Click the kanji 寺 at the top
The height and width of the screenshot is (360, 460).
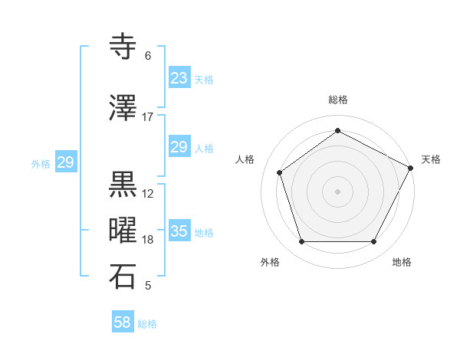tap(123, 47)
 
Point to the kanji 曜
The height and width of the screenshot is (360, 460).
tap(123, 231)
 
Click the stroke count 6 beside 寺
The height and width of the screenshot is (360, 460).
tap(147, 56)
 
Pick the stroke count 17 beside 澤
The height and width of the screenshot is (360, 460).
tap(147, 117)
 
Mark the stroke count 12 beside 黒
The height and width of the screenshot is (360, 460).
tap(148, 194)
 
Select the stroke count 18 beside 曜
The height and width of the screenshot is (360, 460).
tap(148, 240)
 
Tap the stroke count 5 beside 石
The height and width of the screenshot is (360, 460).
tap(147, 286)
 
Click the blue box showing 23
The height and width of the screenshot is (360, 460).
tap(179, 78)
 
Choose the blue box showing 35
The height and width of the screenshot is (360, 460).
tap(179, 231)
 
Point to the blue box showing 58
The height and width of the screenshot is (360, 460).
tap(123, 322)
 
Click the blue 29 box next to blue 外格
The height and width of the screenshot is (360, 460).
tap(66, 162)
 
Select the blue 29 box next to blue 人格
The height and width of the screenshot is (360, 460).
tap(179, 147)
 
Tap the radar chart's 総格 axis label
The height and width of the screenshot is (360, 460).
tap(338, 100)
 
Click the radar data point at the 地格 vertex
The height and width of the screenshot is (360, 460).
tap(373, 242)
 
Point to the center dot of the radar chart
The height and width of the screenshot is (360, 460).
tap(338, 191)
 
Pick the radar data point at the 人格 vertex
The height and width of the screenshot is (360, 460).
tap(280, 172)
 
